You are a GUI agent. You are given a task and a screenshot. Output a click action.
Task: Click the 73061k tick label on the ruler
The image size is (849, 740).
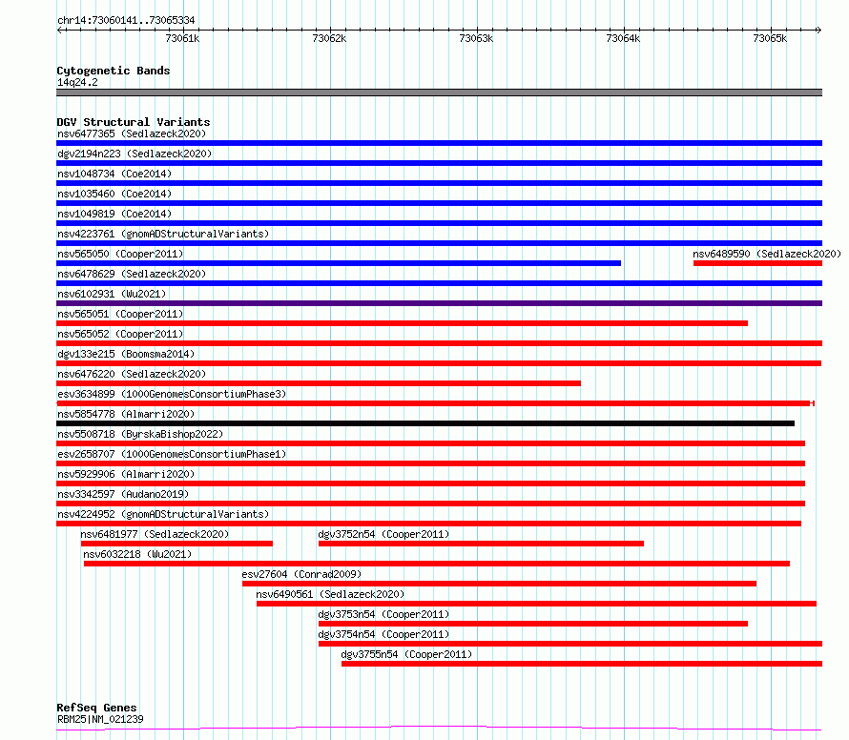tap(182, 38)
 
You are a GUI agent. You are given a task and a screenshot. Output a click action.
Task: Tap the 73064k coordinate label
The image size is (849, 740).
tap(623, 38)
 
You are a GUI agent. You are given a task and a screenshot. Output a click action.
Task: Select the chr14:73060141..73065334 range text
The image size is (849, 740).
tap(126, 21)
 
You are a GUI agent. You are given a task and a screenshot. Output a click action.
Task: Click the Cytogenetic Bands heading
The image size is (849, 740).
tap(114, 71)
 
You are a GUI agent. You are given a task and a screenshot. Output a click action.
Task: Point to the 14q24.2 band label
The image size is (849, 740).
tap(77, 82)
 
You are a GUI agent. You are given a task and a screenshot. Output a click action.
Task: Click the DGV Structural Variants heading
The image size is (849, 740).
tap(134, 122)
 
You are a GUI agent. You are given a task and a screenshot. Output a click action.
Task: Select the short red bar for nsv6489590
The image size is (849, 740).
tap(757, 263)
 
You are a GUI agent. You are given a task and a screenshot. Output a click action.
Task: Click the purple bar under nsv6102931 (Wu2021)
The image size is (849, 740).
tap(439, 303)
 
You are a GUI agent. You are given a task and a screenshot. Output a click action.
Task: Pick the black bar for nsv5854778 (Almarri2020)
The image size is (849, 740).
tap(425, 423)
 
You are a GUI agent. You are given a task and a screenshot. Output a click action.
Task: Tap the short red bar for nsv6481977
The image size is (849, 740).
tap(176, 544)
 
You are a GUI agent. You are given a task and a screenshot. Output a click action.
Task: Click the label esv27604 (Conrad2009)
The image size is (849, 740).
tap(301, 574)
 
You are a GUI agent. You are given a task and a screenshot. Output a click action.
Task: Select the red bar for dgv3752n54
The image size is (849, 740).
tap(481, 544)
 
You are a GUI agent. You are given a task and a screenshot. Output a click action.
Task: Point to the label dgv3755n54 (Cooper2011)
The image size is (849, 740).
tap(406, 654)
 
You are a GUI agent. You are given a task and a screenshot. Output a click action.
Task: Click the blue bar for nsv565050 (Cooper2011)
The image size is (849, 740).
tap(339, 263)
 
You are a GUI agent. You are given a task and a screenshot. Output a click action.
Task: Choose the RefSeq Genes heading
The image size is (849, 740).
tap(97, 708)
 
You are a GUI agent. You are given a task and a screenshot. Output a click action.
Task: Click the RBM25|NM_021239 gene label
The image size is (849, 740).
tap(101, 719)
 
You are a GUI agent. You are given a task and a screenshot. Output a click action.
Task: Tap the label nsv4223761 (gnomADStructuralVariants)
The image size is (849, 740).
tap(163, 234)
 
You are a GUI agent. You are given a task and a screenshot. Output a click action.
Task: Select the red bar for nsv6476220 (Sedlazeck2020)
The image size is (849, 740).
tap(319, 383)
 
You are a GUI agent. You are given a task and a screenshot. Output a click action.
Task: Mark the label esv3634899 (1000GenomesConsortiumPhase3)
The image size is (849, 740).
tap(172, 394)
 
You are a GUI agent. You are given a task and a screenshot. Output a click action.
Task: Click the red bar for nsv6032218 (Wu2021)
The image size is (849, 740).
tap(436, 564)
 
